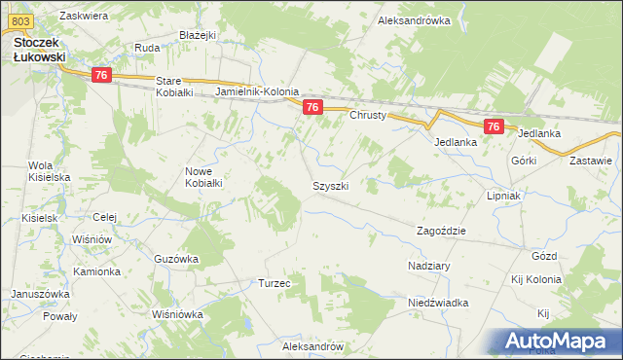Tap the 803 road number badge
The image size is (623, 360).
(25, 20)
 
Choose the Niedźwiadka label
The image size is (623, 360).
(438, 303)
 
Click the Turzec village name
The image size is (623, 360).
(275, 283)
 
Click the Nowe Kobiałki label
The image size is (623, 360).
(204, 177)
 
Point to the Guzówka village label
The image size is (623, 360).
(176, 259)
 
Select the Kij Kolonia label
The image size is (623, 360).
(542, 279)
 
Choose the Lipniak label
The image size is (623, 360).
(505, 196)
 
